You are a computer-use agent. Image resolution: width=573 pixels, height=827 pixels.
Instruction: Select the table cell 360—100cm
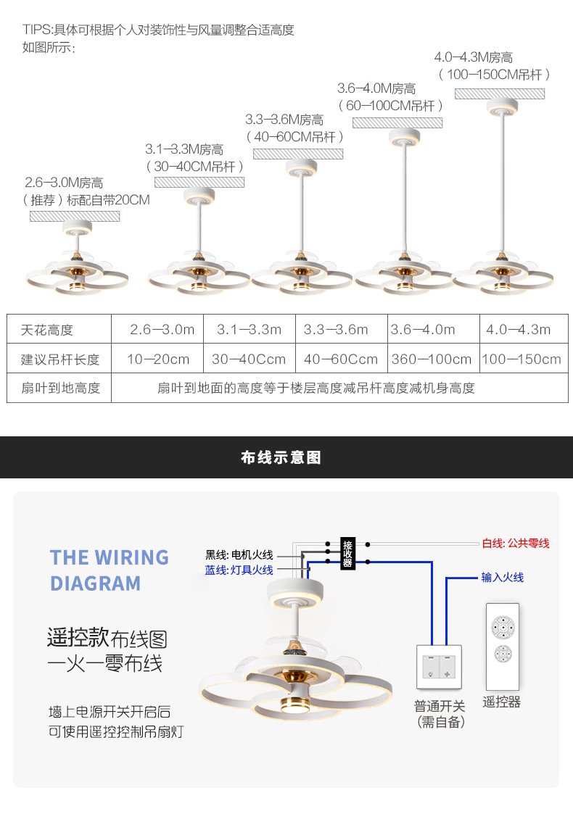pyautogui.click(x=432, y=359)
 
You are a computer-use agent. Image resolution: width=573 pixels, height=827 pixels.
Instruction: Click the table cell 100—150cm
pyautogui.click(x=522, y=359)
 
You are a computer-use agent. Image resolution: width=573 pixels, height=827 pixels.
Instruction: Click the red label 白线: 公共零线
pyautogui.click(x=516, y=543)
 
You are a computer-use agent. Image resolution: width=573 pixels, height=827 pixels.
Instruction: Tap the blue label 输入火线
pyautogui.click(x=502, y=578)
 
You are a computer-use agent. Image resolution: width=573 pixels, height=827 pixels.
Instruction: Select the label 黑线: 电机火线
pyautogui.click(x=239, y=555)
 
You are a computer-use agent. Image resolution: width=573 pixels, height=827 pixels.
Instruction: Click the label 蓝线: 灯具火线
pyautogui.click(x=239, y=570)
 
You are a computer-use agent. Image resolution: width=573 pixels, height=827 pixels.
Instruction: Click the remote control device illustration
pyautogui.click(x=502, y=646)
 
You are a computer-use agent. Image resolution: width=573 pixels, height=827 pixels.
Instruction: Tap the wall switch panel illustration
pyautogui.click(x=439, y=666)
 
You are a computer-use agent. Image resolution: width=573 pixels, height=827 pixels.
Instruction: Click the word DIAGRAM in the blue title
pyautogui.click(x=95, y=583)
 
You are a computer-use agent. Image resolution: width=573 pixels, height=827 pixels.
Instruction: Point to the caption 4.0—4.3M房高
pyautogui.click(x=474, y=58)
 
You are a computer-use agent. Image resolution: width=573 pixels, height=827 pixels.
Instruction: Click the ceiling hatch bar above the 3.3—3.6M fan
pyautogui.click(x=297, y=154)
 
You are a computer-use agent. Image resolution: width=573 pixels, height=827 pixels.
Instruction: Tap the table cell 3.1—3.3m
pyautogui.click(x=249, y=330)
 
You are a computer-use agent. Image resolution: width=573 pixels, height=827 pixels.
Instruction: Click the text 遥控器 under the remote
pyautogui.click(x=502, y=702)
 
